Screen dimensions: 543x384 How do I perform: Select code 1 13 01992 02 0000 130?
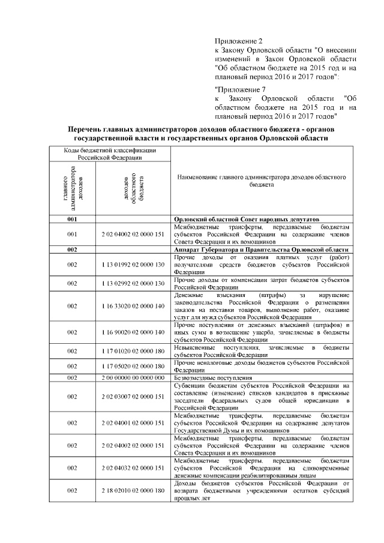133,265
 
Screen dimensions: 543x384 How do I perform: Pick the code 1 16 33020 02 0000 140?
133,307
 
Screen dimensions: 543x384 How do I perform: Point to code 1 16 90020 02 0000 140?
133,332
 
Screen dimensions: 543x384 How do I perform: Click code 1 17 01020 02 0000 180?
133,351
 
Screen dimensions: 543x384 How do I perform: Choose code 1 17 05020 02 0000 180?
133,366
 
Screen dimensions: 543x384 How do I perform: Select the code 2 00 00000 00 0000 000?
133,377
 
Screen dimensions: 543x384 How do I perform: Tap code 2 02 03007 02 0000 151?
133,396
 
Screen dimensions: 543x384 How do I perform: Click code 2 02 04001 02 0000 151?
133,422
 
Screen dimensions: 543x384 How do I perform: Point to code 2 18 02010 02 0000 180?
133,490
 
